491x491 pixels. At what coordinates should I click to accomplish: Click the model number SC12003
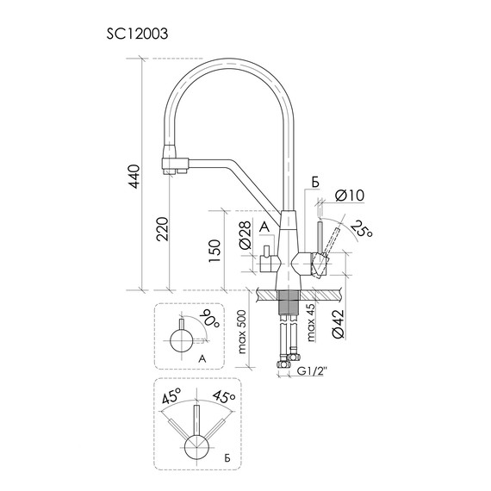tap(137, 34)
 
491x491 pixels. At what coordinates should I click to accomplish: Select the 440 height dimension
tap(134, 177)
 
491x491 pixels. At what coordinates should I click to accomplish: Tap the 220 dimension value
tap(163, 229)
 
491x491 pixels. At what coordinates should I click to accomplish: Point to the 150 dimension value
tap(215, 252)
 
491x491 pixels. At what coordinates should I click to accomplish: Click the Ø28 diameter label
tap(245, 235)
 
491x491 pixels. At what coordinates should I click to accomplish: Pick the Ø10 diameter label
tap(350, 196)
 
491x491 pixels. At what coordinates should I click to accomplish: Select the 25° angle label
tap(361, 229)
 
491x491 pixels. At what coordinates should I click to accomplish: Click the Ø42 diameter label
tap(339, 324)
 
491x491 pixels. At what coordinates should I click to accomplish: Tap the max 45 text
tap(312, 322)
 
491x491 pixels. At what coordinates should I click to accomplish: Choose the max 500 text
tap(243, 333)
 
